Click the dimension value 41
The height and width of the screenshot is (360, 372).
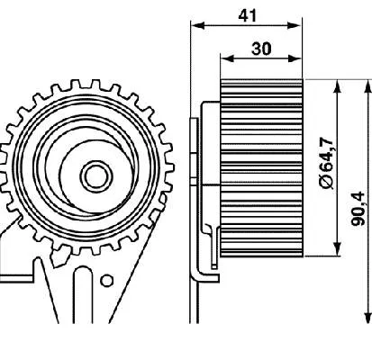[248, 15]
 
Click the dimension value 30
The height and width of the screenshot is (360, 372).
[261, 49]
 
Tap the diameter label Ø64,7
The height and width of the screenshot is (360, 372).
[326, 164]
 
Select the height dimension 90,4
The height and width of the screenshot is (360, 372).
[358, 209]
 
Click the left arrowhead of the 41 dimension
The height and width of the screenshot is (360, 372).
[197, 25]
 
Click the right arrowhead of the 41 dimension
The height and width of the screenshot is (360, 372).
[295, 25]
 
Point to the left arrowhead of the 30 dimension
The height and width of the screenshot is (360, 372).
[227, 58]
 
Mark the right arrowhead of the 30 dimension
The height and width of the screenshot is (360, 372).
[295, 58]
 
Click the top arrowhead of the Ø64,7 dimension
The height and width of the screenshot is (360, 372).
[338, 86]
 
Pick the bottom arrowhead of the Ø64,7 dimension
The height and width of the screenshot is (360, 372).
[338, 249]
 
